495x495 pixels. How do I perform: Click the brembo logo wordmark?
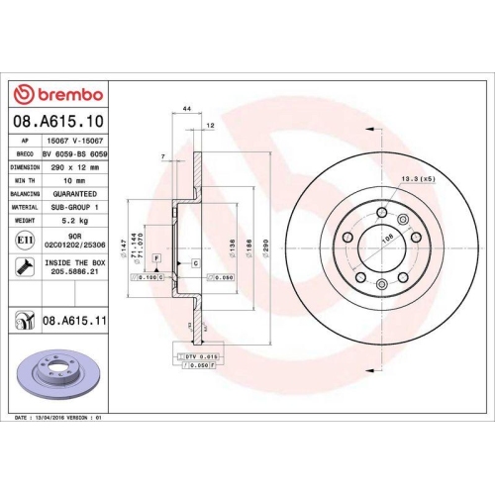tap(61, 94)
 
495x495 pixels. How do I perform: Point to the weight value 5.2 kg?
tap(74, 220)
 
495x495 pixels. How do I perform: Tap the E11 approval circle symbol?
tap(22, 240)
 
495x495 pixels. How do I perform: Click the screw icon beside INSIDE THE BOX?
tap(22, 265)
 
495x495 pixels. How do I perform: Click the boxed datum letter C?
tap(196, 262)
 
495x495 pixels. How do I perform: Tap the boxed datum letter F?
tap(155, 257)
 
